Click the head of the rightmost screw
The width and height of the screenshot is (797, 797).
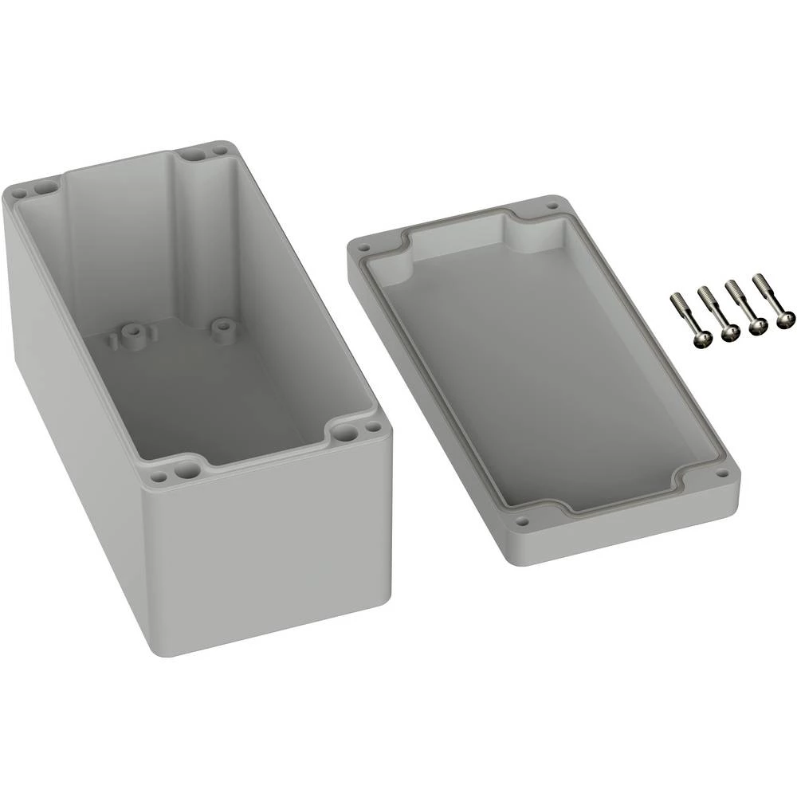click(785, 318)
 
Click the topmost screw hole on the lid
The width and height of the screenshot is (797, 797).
click(551, 206)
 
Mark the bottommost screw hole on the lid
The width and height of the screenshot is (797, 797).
click(522, 524)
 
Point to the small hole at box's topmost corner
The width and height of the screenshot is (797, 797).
click(218, 148)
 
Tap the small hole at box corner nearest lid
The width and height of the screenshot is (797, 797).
click(368, 430)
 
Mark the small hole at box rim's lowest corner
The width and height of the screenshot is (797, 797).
click(159, 477)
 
